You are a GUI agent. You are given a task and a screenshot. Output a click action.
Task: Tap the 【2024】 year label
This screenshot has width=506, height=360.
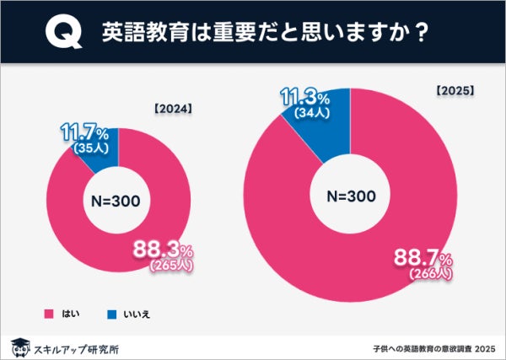click(173, 109)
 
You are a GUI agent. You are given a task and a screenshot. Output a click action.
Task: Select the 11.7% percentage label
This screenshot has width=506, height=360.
click(84, 133)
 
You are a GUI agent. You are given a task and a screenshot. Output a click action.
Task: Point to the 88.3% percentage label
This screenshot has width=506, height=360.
click(164, 249)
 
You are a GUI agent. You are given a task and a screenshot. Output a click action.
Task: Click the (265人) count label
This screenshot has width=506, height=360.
click(172, 265)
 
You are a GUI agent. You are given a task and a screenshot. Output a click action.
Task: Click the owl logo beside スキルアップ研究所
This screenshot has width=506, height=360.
click(19, 346)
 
